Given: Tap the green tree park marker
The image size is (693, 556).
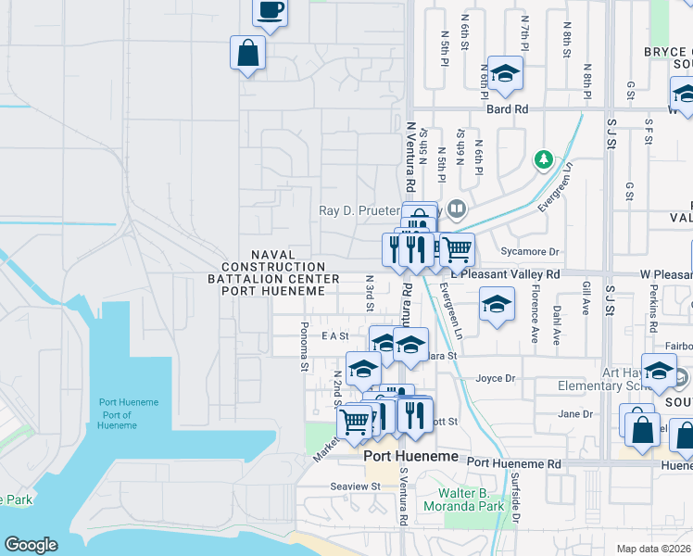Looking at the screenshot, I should (x=544, y=160).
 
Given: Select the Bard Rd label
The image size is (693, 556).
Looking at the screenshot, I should (x=508, y=109).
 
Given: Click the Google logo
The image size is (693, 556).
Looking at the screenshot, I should (x=31, y=545).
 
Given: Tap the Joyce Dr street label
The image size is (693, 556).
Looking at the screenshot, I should (x=495, y=378).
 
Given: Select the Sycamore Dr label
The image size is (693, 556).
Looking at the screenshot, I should (x=543, y=251).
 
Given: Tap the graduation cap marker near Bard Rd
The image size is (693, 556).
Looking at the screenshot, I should (x=506, y=73).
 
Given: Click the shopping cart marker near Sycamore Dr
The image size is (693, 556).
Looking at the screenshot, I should (x=456, y=248).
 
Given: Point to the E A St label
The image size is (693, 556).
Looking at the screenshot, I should (x=334, y=335).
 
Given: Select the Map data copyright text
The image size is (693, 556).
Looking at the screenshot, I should (x=654, y=549).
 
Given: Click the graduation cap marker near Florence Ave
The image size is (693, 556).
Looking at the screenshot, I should (x=498, y=305).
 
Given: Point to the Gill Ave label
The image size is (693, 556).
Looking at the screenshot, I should (x=586, y=298).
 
